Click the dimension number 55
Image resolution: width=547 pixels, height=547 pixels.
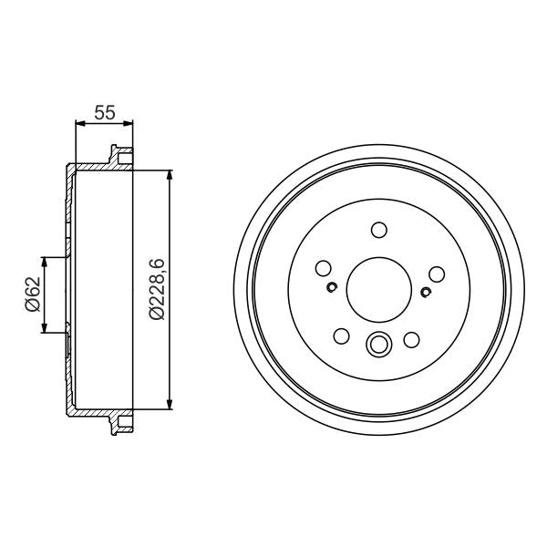104,113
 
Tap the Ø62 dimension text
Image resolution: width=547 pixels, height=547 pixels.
31,294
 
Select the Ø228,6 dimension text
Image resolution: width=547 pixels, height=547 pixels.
156,288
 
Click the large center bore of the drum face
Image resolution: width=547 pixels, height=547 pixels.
378,291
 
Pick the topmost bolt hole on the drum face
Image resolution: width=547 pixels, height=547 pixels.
379,230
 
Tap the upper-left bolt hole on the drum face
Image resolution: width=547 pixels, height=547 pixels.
322,269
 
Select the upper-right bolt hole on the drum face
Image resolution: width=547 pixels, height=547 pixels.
436,273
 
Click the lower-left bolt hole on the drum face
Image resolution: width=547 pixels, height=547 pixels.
342,337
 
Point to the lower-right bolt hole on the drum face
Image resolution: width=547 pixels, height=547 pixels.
411,340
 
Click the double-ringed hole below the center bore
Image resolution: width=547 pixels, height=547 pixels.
377,345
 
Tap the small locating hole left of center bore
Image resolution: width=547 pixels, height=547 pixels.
332,289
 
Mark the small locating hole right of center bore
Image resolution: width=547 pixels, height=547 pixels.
426,292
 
